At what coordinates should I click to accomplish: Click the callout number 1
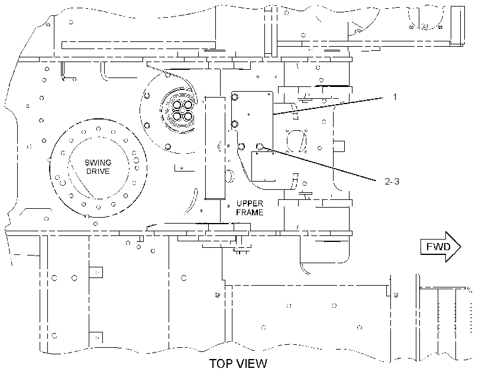395,97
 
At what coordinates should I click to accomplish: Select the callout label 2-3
392,182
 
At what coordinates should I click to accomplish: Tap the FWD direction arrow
441,247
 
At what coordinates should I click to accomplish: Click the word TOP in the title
221,364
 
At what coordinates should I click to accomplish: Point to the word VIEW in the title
251,364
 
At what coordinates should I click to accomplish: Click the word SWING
98,163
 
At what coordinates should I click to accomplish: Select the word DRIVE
98,171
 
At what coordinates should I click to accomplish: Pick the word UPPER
250,203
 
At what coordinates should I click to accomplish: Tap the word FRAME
250,212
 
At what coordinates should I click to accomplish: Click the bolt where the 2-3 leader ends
260,146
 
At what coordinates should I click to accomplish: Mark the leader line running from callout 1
328,106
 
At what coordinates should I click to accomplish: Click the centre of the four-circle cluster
183,110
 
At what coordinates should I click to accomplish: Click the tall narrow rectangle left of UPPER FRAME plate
215,148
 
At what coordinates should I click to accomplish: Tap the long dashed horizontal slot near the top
138,45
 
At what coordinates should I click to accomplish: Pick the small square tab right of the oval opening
339,146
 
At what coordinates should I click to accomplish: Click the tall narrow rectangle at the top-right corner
457,25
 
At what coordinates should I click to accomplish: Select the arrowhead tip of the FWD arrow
461,247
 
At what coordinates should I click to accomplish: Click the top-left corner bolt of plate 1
235,98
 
